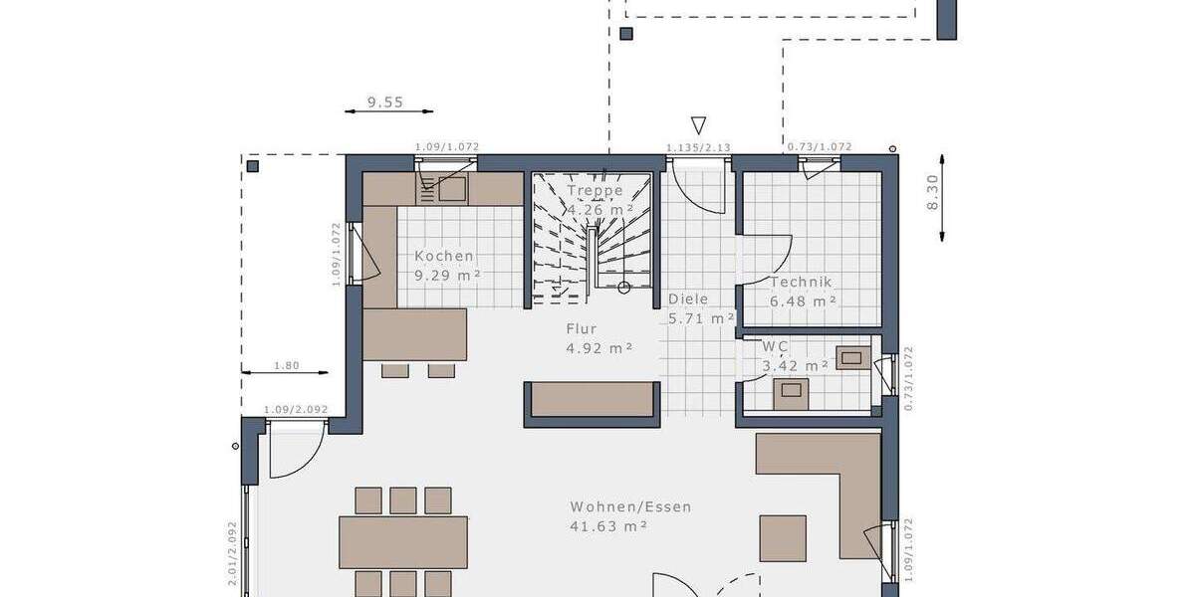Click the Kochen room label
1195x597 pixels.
click(x=444, y=256)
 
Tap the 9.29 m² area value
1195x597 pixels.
click(x=448, y=276)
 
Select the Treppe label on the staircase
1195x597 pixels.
click(x=595, y=190)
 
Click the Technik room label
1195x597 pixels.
click(x=800, y=282)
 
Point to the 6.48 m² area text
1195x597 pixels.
click(x=802, y=300)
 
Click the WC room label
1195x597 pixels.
click(x=775, y=346)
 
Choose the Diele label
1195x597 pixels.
click(x=688, y=298)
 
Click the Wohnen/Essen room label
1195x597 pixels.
click(x=630, y=506)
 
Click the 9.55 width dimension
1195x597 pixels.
click(x=385, y=101)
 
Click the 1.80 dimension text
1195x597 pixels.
click(x=286, y=365)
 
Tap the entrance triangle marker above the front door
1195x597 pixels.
click(x=699, y=125)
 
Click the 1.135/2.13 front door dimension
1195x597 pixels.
click(x=698, y=147)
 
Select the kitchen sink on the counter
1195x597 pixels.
click(x=442, y=187)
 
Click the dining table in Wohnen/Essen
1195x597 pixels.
click(x=402, y=541)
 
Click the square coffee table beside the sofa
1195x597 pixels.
click(x=783, y=538)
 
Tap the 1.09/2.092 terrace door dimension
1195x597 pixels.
click(x=296, y=410)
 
